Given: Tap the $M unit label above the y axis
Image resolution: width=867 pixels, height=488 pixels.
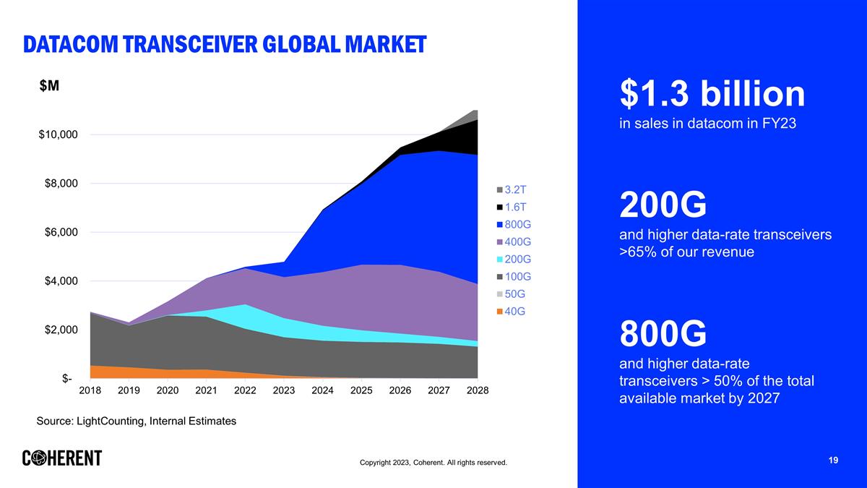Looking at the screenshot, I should tap(49, 85).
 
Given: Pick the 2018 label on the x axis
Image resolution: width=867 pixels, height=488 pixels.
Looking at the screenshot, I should tap(90, 390).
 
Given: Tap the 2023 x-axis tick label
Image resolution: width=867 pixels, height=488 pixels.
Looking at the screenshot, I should tap(284, 390).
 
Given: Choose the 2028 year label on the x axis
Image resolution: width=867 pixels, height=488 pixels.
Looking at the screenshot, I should tap(478, 390).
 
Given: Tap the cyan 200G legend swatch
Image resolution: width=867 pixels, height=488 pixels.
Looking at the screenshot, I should tap(499, 259).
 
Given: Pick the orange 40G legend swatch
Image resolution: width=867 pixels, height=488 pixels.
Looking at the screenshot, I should tap(499, 312).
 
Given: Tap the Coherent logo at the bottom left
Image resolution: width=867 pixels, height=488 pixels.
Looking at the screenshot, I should tap(62, 458).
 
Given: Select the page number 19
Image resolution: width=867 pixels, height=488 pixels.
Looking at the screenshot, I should tap(833, 461).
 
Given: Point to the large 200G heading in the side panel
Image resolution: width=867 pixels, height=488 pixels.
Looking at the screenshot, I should tap(663, 207).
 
